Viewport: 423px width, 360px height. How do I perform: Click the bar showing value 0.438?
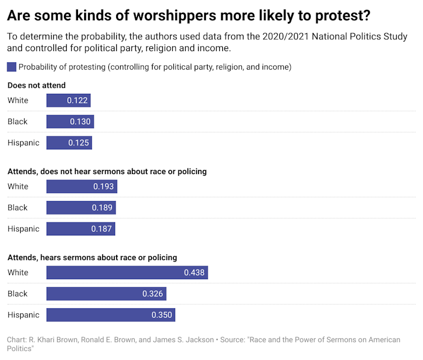click(x=127, y=272)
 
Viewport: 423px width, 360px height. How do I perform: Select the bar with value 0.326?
click(x=106, y=294)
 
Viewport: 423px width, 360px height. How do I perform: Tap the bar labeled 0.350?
click(x=111, y=315)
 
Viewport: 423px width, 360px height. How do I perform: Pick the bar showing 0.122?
click(x=68, y=101)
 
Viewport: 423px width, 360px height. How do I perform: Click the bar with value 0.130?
click(x=70, y=121)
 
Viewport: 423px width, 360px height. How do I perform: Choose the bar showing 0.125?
click(x=68, y=143)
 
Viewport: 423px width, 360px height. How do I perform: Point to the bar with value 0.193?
click(x=81, y=186)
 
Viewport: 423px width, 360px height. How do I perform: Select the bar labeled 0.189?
click(x=81, y=208)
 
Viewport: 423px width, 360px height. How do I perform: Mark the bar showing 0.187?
click(x=80, y=229)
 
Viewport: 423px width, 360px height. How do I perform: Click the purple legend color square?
click(x=12, y=67)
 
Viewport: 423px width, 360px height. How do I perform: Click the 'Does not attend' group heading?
click(x=36, y=85)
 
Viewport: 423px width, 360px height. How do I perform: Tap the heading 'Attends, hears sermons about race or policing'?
click(x=92, y=257)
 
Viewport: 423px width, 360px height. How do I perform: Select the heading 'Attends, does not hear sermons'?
click(x=107, y=171)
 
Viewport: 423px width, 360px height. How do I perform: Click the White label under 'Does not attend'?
click(x=18, y=101)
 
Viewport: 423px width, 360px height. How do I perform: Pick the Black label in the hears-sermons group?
click(x=17, y=294)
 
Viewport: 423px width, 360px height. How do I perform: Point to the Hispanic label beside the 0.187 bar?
click(x=24, y=229)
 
